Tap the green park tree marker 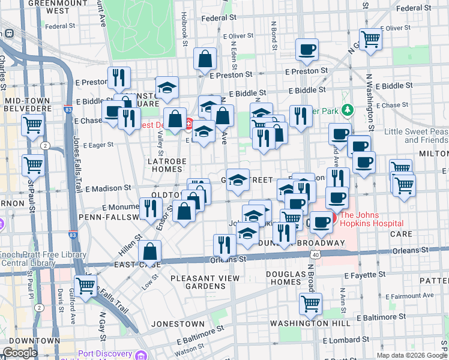(347, 110)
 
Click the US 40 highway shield (315, 254)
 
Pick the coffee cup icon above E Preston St (307, 50)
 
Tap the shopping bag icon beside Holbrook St (205, 59)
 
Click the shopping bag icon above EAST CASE (150, 250)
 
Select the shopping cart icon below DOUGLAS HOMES (310, 304)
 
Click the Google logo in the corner (20, 353)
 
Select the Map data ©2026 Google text (411, 355)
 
